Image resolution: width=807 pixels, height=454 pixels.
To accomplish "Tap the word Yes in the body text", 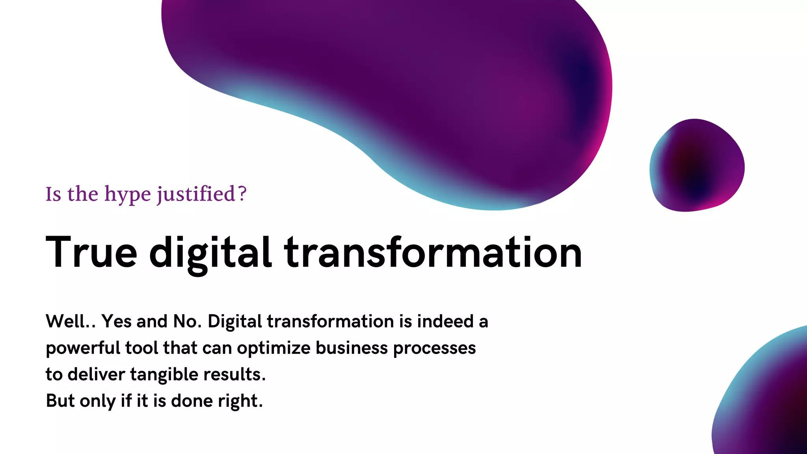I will click(x=116, y=321).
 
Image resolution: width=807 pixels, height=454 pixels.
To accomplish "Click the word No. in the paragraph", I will click(x=187, y=321).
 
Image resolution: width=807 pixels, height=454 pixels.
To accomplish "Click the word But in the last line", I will click(x=60, y=401).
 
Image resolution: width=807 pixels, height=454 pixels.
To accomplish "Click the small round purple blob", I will click(x=697, y=166).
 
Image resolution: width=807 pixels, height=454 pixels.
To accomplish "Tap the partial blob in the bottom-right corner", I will click(x=768, y=402).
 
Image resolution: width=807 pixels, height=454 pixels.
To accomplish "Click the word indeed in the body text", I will click(x=445, y=321).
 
